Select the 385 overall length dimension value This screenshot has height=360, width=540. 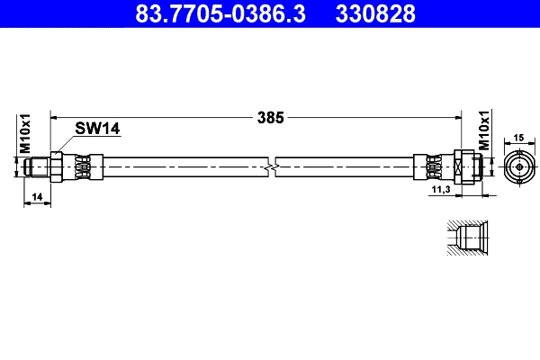coord(270,117)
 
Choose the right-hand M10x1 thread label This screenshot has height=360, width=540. coord(483,131)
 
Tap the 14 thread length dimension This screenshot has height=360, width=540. coord(37,196)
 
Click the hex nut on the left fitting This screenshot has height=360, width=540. coord(57,166)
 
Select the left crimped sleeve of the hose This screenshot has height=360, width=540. coord(81,166)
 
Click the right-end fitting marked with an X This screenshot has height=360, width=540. coord(461,166)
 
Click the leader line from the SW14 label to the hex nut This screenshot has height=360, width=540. coord(67,143)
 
